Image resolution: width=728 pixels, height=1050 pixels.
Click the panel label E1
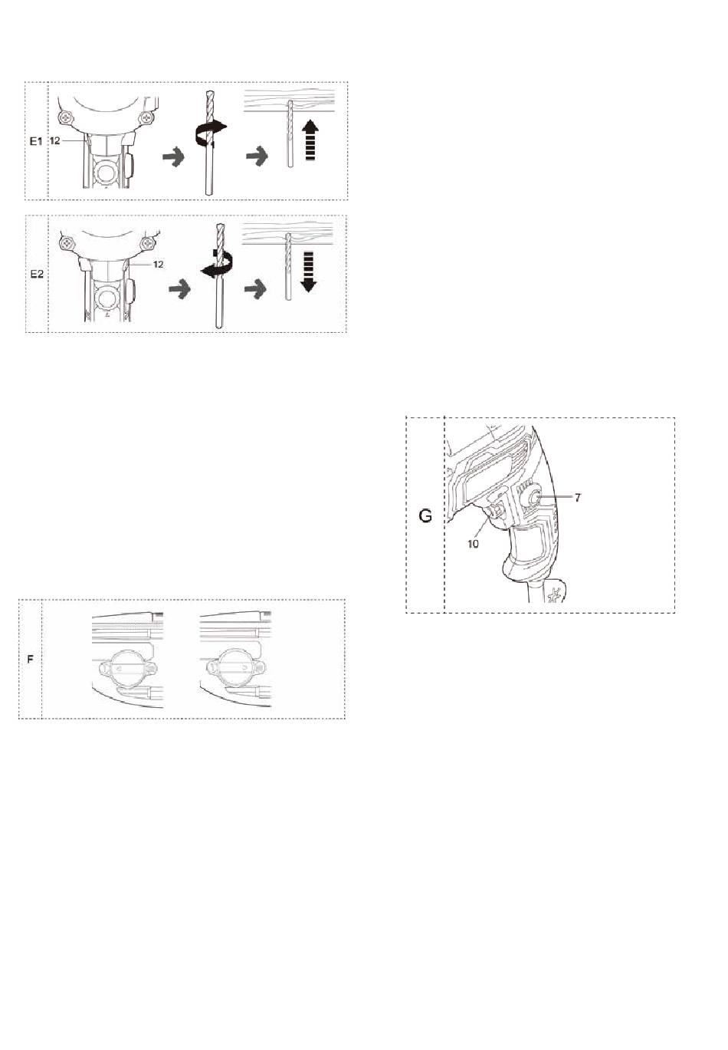[36, 140]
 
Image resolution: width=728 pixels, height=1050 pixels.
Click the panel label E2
[37, 275]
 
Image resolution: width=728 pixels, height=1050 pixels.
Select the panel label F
[31, 660]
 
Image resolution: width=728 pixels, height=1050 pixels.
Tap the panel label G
[425, 516]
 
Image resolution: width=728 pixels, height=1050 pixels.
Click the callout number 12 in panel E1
[55, 140]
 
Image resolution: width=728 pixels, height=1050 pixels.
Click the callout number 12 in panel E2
[159, 265]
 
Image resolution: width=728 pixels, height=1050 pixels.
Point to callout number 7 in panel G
[578, 498]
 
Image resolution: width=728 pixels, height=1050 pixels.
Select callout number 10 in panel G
[473, 544]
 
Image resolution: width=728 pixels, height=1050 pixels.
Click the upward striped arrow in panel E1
[311, 140]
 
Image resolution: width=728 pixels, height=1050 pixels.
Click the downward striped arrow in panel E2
[309, 272]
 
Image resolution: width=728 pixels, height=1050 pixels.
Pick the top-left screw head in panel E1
[67, 117]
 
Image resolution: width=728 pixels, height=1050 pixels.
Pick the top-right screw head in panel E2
[149, 244]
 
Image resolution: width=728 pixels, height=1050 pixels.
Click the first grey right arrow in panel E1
[173, 156]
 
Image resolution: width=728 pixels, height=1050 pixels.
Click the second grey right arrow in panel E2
[255, 288]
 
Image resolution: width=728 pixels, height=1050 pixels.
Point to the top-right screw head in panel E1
[147, 117]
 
